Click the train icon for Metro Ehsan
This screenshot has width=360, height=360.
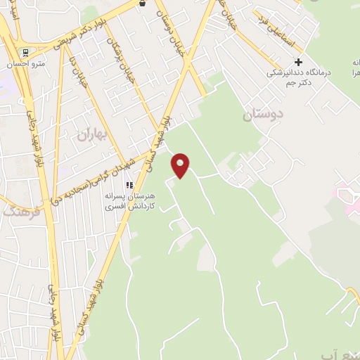click(25, 53)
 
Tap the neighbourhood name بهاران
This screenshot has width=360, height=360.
click(91, 131)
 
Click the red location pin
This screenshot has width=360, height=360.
click(181, 166)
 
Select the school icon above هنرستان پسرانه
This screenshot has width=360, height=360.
click(129, 185)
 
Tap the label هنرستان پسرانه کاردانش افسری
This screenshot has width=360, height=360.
click(134, 202)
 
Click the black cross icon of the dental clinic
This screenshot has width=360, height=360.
click(298, 62)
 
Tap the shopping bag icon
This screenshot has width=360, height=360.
click(143, 3)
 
